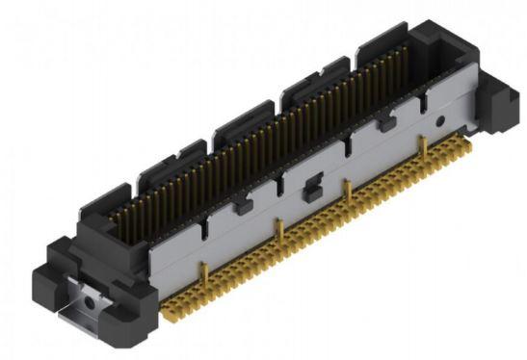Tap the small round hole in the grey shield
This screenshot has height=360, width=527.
439,122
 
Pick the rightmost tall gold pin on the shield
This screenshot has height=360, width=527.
421,146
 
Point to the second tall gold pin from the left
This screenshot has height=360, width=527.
277,231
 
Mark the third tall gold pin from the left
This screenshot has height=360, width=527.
347,190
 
